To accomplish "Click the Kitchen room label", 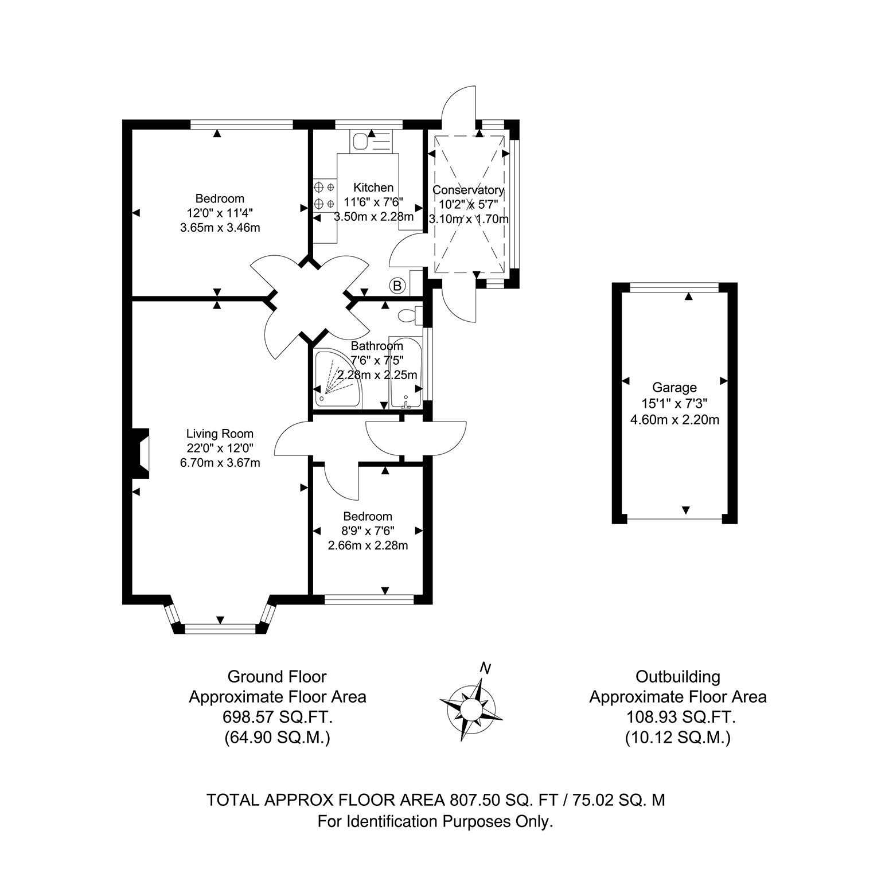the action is coord(373,188).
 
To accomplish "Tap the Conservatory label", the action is coord(469,190).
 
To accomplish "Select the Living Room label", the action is coord(220,434).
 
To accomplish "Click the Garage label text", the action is coord(674,388).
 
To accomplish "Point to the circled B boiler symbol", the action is coord(396,285).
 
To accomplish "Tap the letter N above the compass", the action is coord(486,668).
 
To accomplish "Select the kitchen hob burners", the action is coord(325,195).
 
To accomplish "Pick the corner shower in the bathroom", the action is coord(338,379).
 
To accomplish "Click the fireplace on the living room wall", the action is coord(141,453).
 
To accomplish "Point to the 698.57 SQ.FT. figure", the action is coord(278,717).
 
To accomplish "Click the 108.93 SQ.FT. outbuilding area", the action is coord(679,717).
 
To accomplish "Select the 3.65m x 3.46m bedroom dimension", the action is coord(220,228).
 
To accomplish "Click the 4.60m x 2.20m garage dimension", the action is coord(674,420).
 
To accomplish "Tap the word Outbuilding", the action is coord(678,677).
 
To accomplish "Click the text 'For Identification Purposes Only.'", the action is coord(436,822).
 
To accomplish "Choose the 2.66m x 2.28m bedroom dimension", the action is coord(368,545).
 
